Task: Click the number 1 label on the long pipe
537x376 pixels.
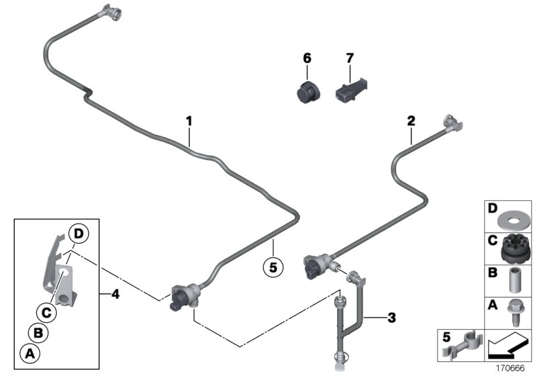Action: pos(189,122)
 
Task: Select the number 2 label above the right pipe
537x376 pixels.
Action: pos(411,121)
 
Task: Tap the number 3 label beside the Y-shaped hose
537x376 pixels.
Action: pos(392,316)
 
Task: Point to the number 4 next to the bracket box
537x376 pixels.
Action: pos(115,293)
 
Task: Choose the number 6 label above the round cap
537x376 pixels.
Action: pos(307,58)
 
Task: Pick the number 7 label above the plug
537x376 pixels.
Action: pos(349,58)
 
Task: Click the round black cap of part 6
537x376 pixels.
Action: pos(309,91)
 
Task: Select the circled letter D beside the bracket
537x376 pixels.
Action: pos(79,234)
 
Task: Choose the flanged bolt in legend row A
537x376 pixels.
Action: pos(514,312)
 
